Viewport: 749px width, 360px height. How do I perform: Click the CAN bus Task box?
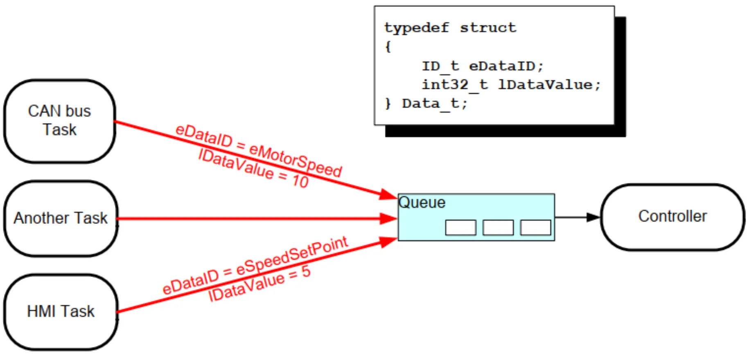[60, 121]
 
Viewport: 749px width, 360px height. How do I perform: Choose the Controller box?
[672, 217]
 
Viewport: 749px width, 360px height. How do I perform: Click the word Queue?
[422, 202]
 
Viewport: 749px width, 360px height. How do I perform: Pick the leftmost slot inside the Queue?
[461, 227]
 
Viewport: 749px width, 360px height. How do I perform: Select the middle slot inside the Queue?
[498, 227]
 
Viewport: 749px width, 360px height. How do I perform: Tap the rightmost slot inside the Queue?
[535, 227]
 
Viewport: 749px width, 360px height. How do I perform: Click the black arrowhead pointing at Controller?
[593, 217]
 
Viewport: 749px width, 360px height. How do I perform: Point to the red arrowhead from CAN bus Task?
[388, 195]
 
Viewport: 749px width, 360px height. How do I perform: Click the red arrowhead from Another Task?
[388, 218]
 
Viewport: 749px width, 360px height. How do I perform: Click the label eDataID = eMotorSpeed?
[259, 151]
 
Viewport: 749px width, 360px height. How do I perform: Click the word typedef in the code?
[417, 28]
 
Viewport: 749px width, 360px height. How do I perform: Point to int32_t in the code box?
[455, 85]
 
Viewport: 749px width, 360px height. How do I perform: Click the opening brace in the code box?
[388, 47]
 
